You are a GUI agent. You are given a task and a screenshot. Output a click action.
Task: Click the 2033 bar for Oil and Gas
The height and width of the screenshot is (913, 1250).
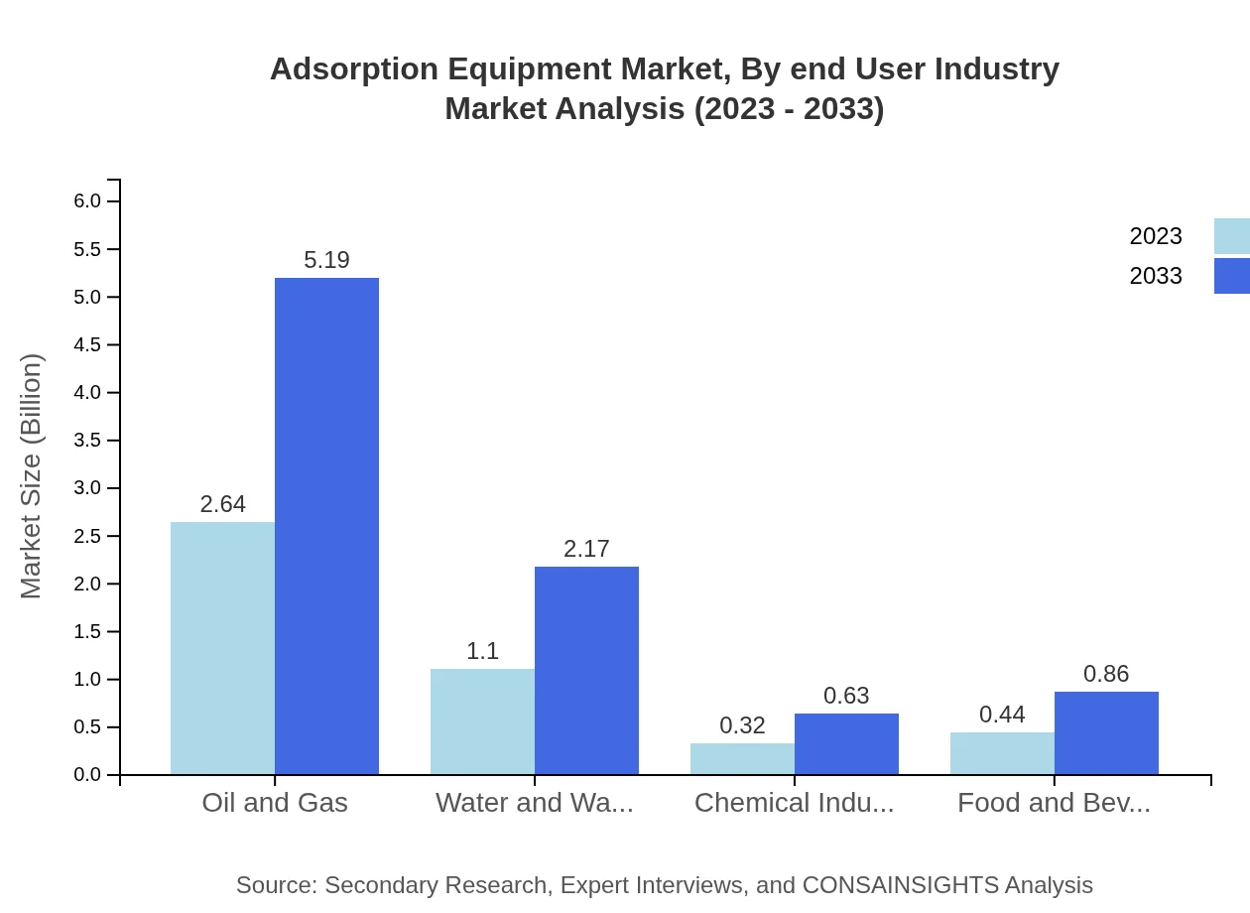coord(326,526)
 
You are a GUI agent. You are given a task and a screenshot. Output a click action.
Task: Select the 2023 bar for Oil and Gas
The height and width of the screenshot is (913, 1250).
coord(222,648)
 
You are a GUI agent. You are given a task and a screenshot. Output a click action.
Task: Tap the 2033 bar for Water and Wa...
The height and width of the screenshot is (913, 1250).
coord(586,671)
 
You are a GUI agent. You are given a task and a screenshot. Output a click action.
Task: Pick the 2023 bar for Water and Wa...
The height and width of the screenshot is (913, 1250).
coord(482,721)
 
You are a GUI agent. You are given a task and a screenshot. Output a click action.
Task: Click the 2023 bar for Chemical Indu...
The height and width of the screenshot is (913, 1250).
coord(742,759)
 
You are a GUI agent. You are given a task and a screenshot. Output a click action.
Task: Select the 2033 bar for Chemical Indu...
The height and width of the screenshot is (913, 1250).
coord(846,744)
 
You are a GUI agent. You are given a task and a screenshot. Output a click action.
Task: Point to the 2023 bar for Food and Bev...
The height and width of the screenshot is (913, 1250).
coord(1002,754)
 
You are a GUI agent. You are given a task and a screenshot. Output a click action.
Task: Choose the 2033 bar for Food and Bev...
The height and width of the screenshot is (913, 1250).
coord(1106,733)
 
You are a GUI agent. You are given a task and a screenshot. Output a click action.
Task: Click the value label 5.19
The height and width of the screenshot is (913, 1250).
coord(326,260)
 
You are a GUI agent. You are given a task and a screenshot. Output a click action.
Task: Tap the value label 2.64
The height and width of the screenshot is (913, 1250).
coord(222,504)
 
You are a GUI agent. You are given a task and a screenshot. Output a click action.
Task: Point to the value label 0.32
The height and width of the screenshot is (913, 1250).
coord(742,725)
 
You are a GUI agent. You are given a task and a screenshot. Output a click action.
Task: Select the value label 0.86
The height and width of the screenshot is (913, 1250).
coord(1106,674)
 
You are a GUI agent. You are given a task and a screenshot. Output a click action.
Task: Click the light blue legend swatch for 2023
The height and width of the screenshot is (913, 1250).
coord(1232,236)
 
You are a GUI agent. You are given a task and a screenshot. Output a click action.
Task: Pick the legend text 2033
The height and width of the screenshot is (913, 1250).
coord(1156,276)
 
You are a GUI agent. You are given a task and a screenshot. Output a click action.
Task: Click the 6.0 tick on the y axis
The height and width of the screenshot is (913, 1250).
coord(87,201)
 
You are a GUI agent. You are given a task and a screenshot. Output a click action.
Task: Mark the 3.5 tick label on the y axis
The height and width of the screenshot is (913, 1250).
coord(87,441)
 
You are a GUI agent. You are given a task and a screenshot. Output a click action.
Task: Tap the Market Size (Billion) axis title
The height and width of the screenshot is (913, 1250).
coord(32,476)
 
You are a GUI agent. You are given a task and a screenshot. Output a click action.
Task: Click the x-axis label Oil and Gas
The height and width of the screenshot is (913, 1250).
coord(275,802)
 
